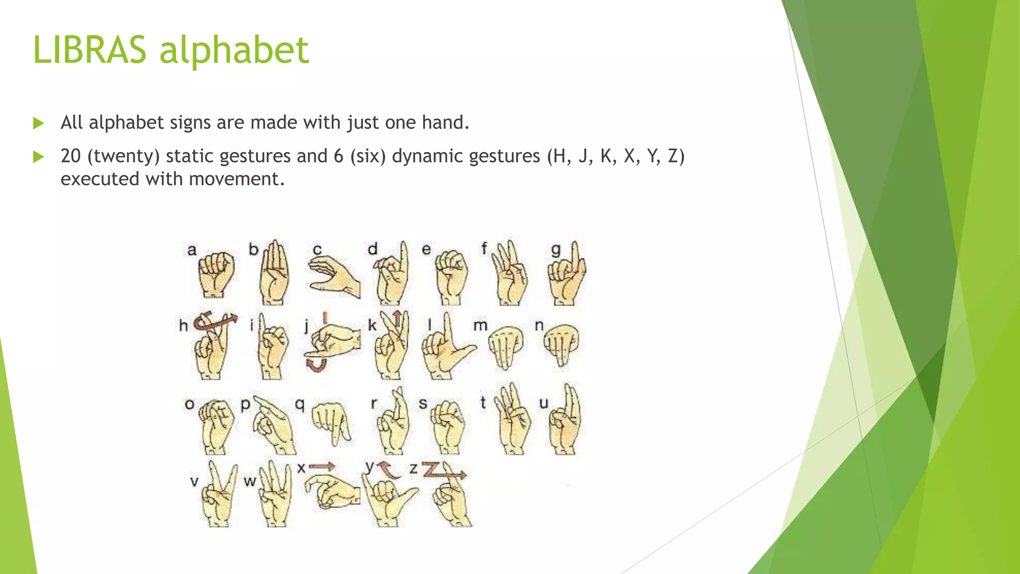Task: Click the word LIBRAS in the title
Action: coord(90,50)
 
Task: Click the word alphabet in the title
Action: coord(234,51)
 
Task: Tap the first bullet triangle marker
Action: coord(38,123)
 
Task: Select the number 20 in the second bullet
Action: coord(71,156)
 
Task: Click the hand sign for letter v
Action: coord(218,496)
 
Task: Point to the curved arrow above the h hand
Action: coord(214,321)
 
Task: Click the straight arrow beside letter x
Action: coord(322,467)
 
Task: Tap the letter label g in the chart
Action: coord(556,249)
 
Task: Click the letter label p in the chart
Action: coord(245,405)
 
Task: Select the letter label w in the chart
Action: coord(250,481)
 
